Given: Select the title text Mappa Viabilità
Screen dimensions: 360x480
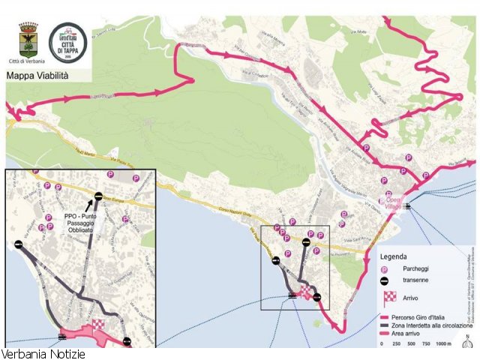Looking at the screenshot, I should pyautogui.click(x=37, y=76).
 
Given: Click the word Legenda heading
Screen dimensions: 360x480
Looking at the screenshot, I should pyautogui.click(x=394, y=256).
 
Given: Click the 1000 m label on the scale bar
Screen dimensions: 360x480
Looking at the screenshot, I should pyautogui.click(x=443, y=343).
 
